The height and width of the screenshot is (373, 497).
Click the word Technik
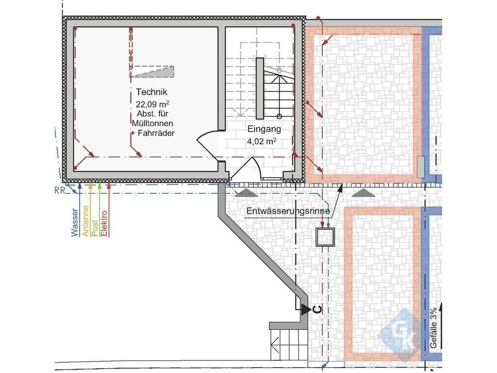(151, 92)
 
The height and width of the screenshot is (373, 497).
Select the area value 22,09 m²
(152, 104)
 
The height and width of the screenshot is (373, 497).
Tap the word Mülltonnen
(152, 123)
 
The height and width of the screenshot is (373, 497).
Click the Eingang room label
(264, 129)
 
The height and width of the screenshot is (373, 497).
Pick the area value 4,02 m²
(262, 141)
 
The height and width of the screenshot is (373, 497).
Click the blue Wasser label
(74, 222)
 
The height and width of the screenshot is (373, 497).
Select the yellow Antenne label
(85, 221)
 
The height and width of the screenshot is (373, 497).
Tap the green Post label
(95, 228)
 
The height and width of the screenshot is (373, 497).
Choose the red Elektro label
(104, 223)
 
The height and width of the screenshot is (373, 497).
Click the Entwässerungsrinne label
(288, 211)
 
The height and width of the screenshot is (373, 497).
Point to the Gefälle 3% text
(433, 328)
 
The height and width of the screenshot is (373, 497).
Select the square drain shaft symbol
(325, 237)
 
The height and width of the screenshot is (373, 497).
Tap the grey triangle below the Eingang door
(246, 192)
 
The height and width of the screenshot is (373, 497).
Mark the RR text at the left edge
(60, 190)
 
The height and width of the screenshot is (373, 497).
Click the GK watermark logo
(401, 335)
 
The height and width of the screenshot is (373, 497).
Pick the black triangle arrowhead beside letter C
(306, 309)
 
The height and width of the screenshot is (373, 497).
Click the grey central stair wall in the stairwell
(260, 88)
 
